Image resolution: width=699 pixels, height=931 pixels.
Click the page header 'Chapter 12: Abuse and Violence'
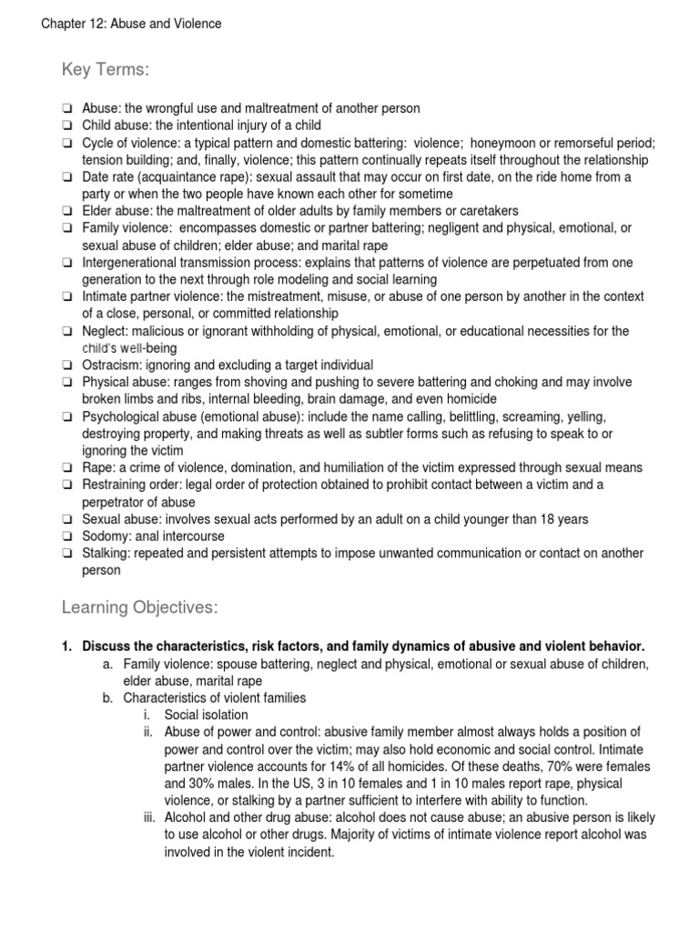131,24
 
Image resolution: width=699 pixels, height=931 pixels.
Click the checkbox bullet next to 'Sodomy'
67,536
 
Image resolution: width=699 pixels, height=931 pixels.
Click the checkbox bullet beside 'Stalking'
67,554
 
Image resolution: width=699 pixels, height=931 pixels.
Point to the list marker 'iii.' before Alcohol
150,818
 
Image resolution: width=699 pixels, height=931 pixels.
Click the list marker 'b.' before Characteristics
107,697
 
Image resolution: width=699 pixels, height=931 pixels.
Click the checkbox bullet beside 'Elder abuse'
67,211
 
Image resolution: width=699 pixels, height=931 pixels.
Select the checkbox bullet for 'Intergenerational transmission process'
67,263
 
